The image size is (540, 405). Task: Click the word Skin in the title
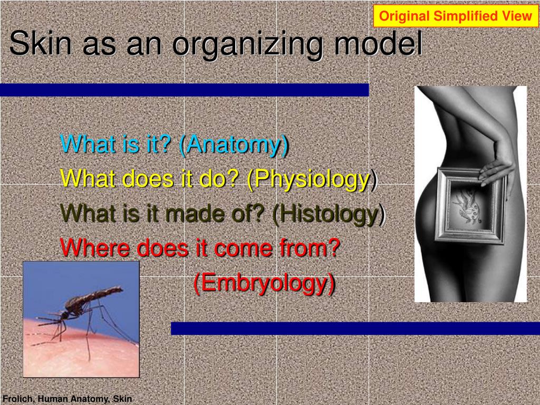[x=41, y=43]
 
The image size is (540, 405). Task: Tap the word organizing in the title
[x=248, y=45]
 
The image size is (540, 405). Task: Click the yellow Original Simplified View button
[x=456, y=16]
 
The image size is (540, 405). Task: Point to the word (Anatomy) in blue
[x=234, y=144]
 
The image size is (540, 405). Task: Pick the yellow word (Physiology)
[x=312, y=180]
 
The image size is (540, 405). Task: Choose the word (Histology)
[x=329, y=214]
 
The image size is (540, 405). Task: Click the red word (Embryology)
[x=264, y=284]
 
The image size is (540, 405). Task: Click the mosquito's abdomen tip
[x=121, y=288]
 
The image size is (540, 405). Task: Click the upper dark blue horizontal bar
[x=184, y=90]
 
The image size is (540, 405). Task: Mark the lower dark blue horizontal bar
[x=355, y=329]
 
